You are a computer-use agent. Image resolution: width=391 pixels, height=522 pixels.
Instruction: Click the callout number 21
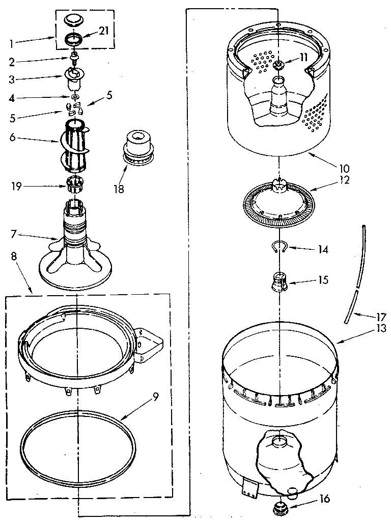click(104, 31)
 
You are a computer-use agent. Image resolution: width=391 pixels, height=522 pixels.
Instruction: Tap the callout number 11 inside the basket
click(303, 58)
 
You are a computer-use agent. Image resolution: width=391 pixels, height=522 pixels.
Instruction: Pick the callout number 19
click(17, 187)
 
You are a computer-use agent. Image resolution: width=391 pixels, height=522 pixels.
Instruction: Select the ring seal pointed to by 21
click(74, 39)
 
